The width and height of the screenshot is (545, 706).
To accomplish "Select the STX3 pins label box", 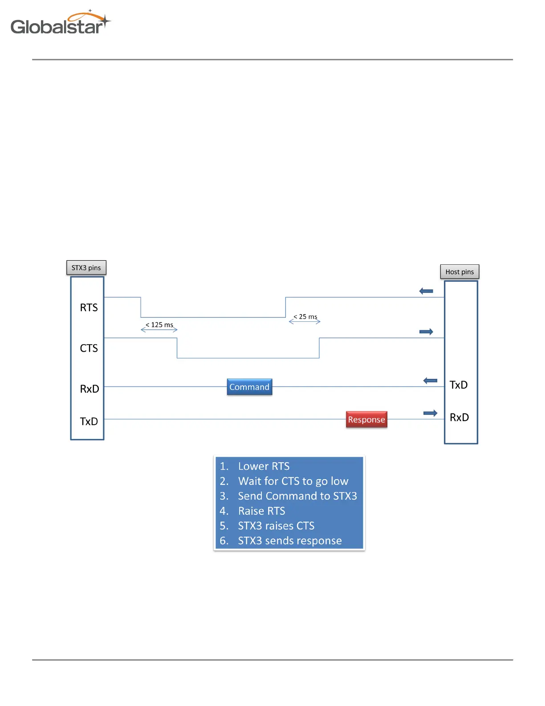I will [x=86, y=268].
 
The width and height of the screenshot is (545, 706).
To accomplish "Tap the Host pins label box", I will [x=460, y=272].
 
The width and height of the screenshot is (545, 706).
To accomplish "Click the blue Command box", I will [x=249, y=387].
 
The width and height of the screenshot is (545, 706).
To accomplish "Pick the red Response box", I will [x=366, y=419].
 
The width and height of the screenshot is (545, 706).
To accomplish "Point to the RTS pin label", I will [x=89, y=308].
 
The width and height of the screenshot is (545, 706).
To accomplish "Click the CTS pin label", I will [x=89, y=348].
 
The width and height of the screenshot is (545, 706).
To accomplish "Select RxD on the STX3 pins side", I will [x=89, y=389].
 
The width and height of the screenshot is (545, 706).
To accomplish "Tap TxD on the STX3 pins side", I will [x=89, y=421].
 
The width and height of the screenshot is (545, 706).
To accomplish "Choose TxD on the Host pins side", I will [x=459, y=385].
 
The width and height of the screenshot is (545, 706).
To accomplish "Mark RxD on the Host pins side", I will [x=459, y=417].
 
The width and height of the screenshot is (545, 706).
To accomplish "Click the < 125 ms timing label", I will [x=159, y=325].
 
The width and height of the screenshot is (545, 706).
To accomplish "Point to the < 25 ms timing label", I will [x=305, y=317].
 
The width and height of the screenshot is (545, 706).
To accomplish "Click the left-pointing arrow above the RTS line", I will [x=426, y=291].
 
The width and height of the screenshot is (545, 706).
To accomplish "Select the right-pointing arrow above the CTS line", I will [x=426, y=332].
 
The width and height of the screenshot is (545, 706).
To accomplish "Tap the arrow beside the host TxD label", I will [x=430, y=381].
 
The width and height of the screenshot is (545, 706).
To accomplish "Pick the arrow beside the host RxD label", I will [x=430, y=413].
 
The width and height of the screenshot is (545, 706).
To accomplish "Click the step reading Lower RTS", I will [x=264, y=466].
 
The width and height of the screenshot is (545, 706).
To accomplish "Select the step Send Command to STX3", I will [x=297, y=496].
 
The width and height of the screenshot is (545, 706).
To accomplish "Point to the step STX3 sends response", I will [x=289, y=541].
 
